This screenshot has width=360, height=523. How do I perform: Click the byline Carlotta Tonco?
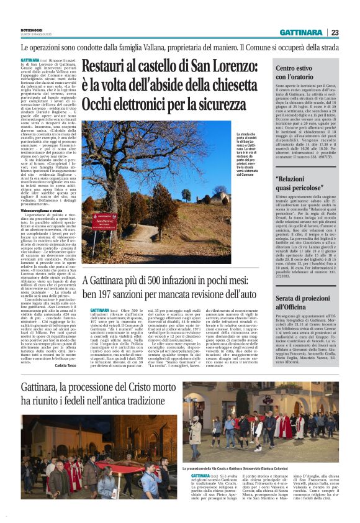(x=65, y=366)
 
